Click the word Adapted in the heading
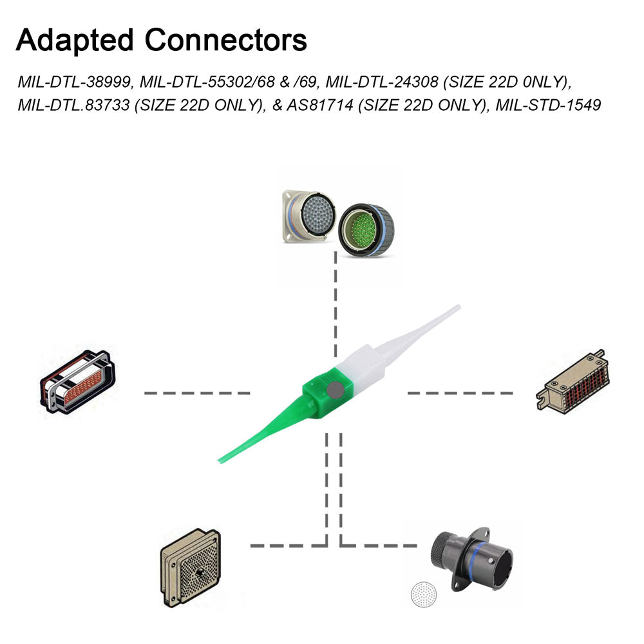point(73,41)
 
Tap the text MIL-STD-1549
point(548,105)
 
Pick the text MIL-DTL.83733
point(73,105)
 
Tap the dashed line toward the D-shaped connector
point(196,392)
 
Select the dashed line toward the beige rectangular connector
point(460,392)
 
